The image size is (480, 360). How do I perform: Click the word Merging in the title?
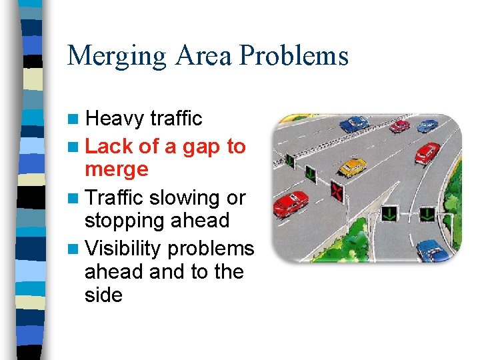coord(117,56)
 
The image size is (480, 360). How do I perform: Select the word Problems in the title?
coord(293,56)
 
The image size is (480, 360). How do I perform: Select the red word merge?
coord(117,169)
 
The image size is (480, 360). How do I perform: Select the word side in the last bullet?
coord(103,295)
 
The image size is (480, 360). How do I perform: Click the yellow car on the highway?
coord(351,166)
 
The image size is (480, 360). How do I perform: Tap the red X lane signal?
coord(337,192)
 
